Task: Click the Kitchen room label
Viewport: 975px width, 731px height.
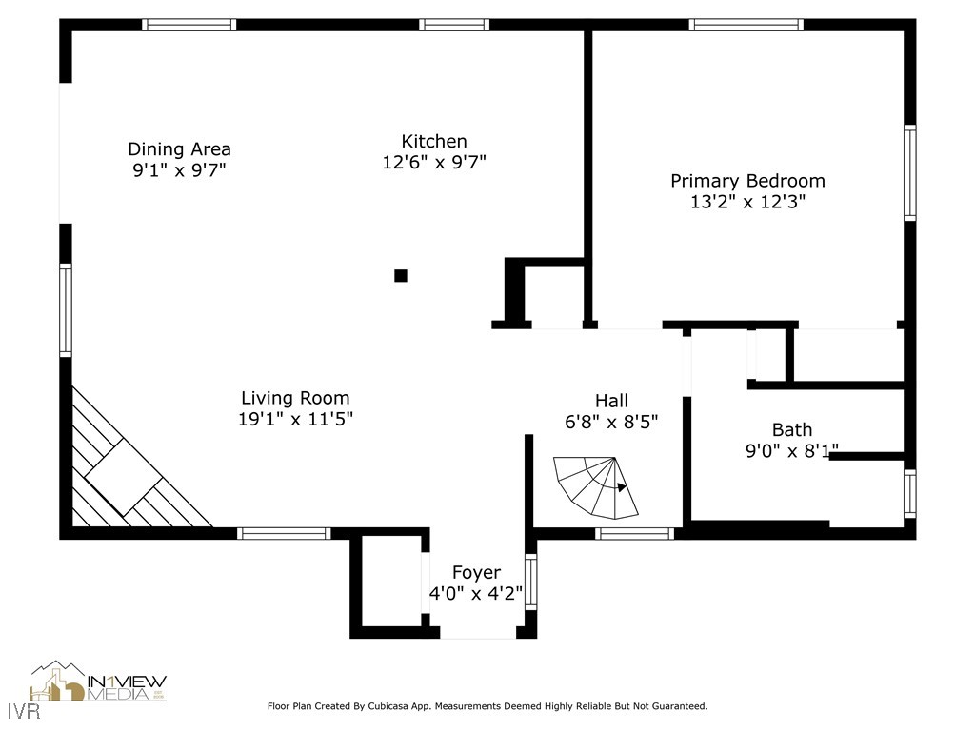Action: (434, 141)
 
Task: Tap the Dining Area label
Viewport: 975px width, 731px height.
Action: (180, 149)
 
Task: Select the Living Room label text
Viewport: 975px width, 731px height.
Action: (295, 398)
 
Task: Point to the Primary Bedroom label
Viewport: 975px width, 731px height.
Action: (748, 181)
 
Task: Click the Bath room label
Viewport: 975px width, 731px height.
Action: (792, 429)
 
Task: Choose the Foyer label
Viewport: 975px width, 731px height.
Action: (476, 572)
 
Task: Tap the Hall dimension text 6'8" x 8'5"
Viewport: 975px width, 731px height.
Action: (611, 422)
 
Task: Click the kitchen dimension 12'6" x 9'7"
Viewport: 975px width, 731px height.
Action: (434, 162)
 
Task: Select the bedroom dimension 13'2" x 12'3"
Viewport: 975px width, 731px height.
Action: (748, 202)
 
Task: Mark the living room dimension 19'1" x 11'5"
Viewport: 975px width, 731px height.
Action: (295, 419)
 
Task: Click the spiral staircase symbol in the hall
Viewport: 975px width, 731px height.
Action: (596, 488)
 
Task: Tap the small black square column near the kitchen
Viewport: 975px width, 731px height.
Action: (401, 275)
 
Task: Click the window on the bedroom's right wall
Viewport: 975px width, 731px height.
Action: (909, 173)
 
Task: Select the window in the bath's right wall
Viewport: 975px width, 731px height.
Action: (909, 494)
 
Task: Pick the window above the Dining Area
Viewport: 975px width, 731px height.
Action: (189, 25)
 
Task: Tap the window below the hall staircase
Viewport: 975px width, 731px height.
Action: (635, 533)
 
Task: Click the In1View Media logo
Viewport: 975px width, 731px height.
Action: (98, 682)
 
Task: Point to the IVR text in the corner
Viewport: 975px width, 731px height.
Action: (25, 710)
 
